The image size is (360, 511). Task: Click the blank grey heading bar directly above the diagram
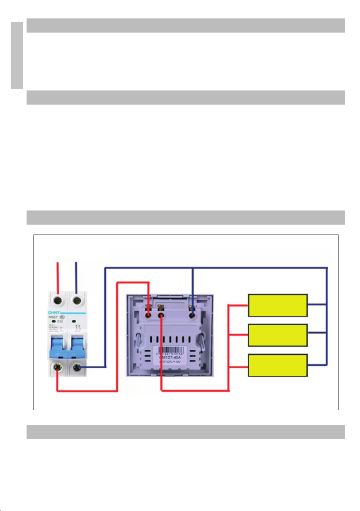(186, 217)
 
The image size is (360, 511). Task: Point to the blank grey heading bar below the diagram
(186, 432)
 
